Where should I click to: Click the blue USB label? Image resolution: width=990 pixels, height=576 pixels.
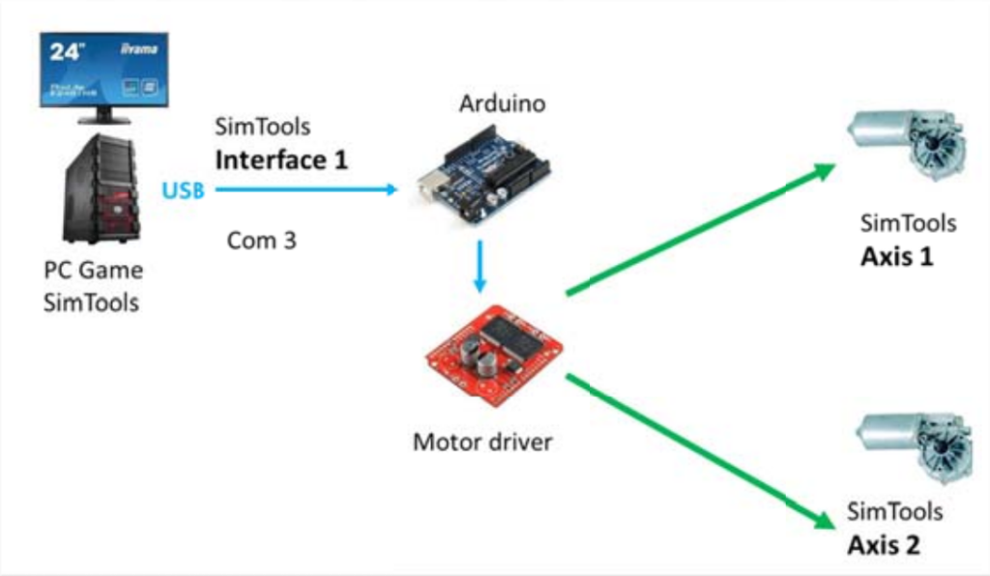pos(183,189)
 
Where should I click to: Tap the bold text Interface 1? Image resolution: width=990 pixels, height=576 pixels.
pos(280,159)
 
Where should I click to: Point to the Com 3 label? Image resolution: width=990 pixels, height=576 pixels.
pos(261,240)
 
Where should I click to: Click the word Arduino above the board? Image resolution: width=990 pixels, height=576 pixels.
pos(502,103)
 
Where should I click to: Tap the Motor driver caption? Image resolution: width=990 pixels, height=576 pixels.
pos(482,443)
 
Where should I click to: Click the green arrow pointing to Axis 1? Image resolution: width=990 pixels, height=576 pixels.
pos(700,229)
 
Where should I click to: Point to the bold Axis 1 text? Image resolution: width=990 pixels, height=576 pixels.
pos(896,258)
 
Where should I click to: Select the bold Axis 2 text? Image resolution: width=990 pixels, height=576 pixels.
pos(884,545)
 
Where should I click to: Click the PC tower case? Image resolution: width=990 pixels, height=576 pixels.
pos(101,189)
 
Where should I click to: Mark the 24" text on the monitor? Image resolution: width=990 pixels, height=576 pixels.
pos(69,52)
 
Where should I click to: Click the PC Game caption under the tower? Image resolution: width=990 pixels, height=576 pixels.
pos(93,270)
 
